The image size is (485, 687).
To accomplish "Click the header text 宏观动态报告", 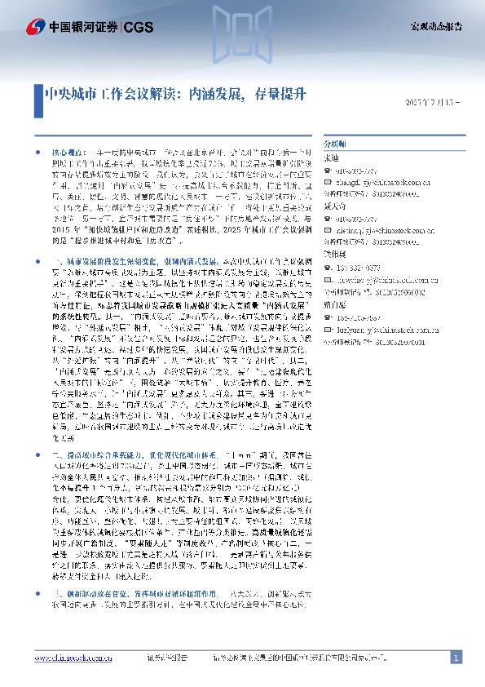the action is click(435, 27).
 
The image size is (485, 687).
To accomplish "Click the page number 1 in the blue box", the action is click(457, 658).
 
